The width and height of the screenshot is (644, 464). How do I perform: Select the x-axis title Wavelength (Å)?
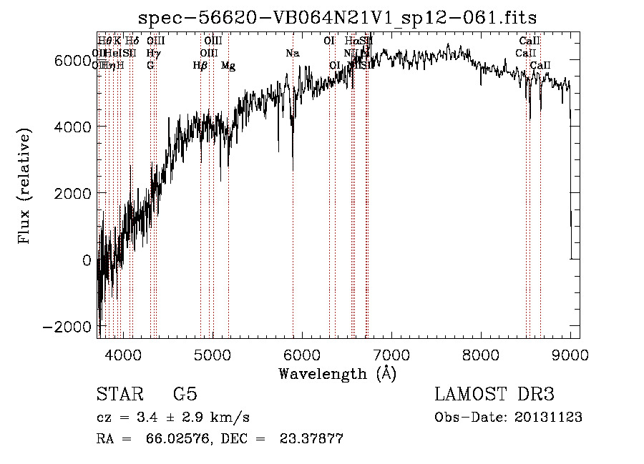[337, 373]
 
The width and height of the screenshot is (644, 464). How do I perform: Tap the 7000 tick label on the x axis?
[391, 354]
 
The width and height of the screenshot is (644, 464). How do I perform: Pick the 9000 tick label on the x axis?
[570, 354]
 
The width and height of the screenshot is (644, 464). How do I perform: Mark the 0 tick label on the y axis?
[86, 260]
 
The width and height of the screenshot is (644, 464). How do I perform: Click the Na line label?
[292, 54]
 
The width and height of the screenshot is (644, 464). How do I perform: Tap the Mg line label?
[228, 66]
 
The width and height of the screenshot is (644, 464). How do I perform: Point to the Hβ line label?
[200, 66]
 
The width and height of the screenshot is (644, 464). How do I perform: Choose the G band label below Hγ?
[150, 66]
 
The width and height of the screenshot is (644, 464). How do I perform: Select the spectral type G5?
[185, 395]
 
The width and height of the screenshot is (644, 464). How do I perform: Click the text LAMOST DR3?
[494, 395]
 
